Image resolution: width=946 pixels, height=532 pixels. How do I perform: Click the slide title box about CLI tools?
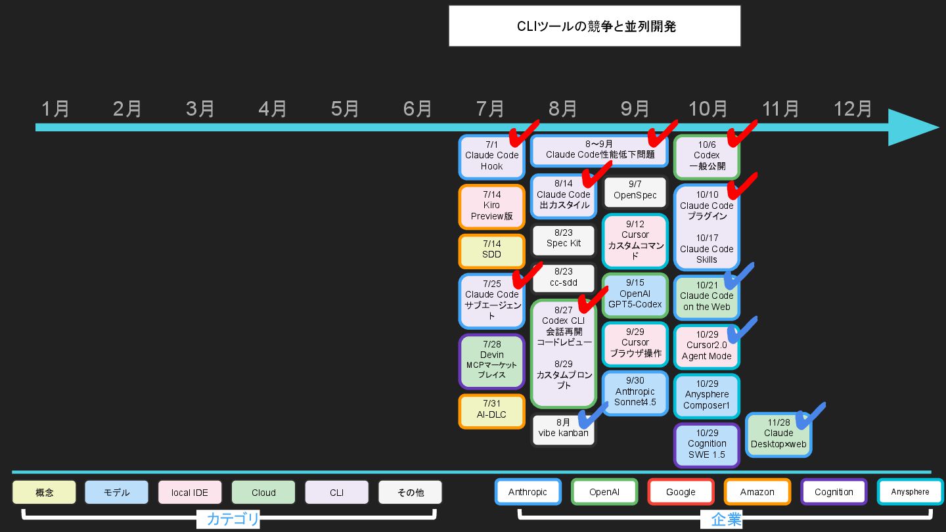pyautogui.click(x=595, y=26)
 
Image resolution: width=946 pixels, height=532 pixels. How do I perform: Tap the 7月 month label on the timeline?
pyautogui.click(x=490, y=109)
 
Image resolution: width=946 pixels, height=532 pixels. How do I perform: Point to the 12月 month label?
pyautogui.click(x=853, y=109)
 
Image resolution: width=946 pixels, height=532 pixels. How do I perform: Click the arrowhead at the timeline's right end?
pyautogui.click(x=913, y=127)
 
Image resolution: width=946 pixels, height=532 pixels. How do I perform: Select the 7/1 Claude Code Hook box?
pyautogui.click(x=491, y=156)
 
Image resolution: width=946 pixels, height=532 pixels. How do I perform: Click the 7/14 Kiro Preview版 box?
pyautogui.click(x=491, y=206)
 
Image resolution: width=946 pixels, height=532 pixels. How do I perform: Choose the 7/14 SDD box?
pyautogui.click(x=491, y=250)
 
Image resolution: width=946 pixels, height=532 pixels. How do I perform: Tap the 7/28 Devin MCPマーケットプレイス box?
pyautogui.click(x=491, y=361)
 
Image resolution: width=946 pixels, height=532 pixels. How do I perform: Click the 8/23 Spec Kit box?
pyautogui.click(x=563, y=238)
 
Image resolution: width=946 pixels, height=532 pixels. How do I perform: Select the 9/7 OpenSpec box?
pyautogui.click(x=635, y=191)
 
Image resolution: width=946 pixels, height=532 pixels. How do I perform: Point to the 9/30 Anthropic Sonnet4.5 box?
pyautogui.click(x=635, y=392)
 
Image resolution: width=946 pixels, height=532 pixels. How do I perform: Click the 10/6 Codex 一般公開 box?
pyautogui.click(x=706, y=156)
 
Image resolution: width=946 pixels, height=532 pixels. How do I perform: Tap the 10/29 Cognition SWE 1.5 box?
pyautogui.click(x=706, y=444)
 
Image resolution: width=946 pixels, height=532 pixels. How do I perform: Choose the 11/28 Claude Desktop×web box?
pyautogui.click(x=778, y=434)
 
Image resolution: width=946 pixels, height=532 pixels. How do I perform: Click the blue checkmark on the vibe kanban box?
pyautogui.click(x=592, y=416)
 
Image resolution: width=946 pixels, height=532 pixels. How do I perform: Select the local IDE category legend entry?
pyautogui.click(x=190, y=493)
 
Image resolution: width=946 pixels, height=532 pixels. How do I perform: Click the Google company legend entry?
pyautogui.click(x=681, y=492)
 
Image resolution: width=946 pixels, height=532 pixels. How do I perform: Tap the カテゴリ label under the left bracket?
pyautogui.click(x=229, y=520)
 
